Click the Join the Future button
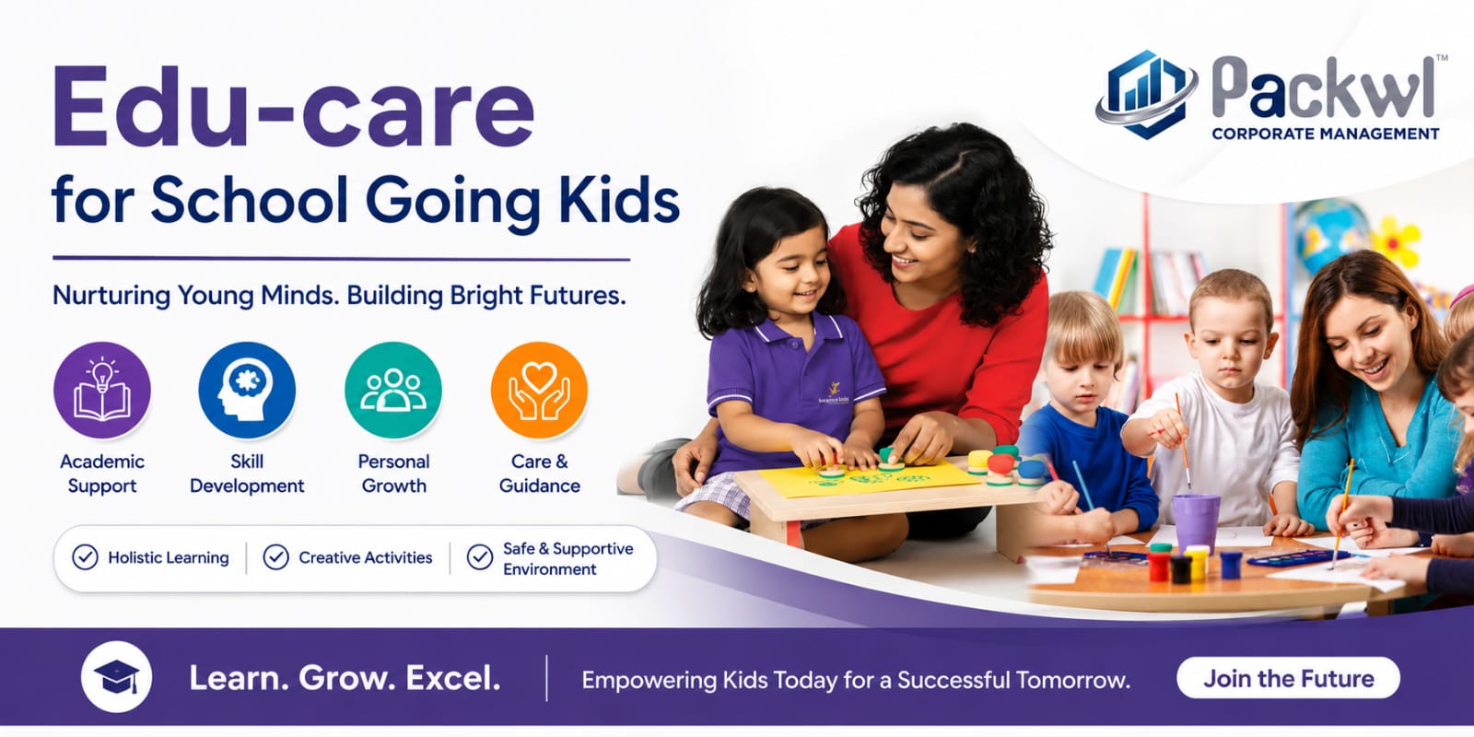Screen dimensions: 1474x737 pyautogui.click(x=1288, y=678)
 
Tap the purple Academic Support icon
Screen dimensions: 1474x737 pyautogui.click(x=102, y=391)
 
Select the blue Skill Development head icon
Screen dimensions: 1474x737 pyautogui.click(x=248, y=391)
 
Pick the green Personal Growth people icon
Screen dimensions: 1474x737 pyautogui.click(x=393, y=391)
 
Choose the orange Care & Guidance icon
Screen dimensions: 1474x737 pyautogui.click(x=539, y=391)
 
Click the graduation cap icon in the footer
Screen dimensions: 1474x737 pyautogui.click(x=116, y=676)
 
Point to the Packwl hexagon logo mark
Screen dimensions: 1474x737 pyautogui.click(x=1146, y=94)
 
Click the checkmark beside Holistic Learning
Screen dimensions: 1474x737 pyautogui.click(x=85, y=557)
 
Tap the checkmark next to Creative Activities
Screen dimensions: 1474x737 pyautogui.click(x=275, y=557)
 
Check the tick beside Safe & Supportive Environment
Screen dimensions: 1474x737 pyautogui.click(x=480, y=557)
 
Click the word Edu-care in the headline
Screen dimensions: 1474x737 pyautogui.click(x=293, y=107)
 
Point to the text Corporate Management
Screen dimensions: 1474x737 pyautogui.click(x=1326, y=134)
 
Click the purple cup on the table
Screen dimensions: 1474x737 pyautogui.click(x=1196, y=521)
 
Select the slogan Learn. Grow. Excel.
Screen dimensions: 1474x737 pyautogui.click(x=345, y=678)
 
